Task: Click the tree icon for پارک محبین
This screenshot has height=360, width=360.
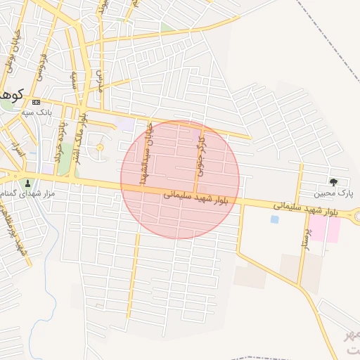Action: [x=333, y=181]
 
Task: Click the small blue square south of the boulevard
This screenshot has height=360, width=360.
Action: [x=274, y=219]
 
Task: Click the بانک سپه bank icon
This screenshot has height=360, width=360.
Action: [x=36, y=102]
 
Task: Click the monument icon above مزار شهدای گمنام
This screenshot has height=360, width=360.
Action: [x=27, y=182]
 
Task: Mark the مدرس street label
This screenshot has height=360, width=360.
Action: [x=99, y=78]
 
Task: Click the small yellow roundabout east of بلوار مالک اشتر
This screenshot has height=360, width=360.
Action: [x=99, y=147]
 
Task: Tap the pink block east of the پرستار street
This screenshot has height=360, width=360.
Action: [x=326, y=229]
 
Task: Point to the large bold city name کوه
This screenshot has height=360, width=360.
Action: [x=10, y=94]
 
